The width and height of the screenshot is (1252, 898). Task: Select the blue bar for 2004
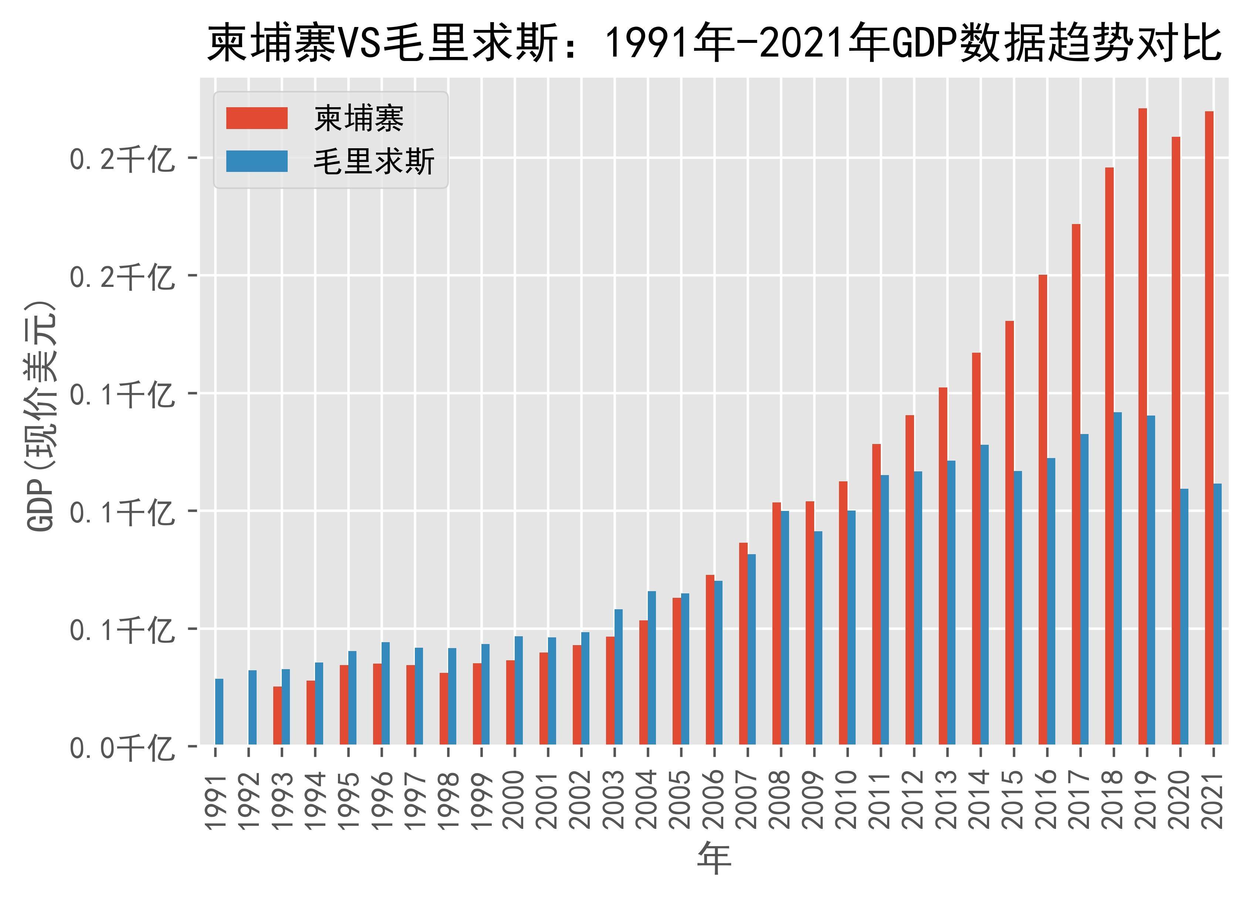coord(652,668)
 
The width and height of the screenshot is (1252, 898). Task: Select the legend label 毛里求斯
coord(374,162)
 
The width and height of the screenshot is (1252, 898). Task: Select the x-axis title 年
coord(714,859)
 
